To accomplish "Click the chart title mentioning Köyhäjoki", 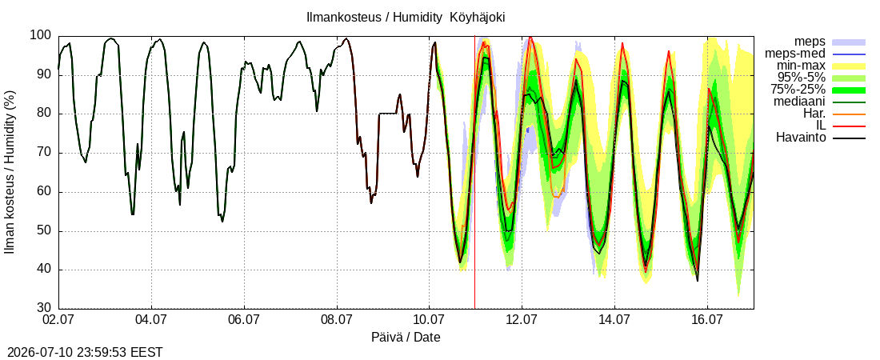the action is (406, 18).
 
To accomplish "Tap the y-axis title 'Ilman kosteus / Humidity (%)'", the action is (10, 173).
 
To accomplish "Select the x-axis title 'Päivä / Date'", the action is (406, 338).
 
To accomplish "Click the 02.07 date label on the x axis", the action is (59, 322).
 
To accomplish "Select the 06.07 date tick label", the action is (244, 322).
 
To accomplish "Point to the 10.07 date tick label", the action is (430, 322).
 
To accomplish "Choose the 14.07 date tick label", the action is (614, 322).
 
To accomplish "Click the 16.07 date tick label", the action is (707, 322).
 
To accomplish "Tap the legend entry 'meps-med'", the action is (794, 54).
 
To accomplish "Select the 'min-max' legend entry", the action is (801, 66).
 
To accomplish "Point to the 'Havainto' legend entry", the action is (801, 138).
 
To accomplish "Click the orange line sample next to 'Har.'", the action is (849, 114).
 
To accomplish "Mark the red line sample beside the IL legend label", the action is (849, 126).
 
